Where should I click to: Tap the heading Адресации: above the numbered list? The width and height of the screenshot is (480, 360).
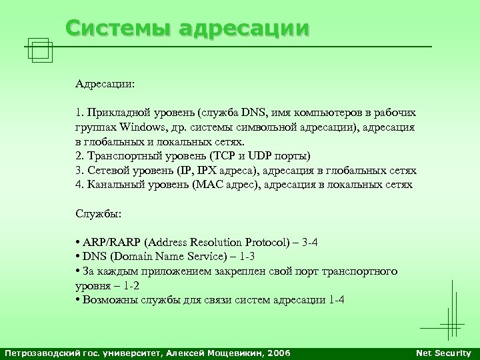pyautogui.click(x=104, y=85)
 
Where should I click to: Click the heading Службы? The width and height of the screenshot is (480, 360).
pyautogui.click(x=97, y=214)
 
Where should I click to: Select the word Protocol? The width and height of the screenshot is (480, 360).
pyautogui.click(x=253, y=242)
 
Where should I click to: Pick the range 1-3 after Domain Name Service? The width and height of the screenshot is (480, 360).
pyautogui.click(x=246, y=256)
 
